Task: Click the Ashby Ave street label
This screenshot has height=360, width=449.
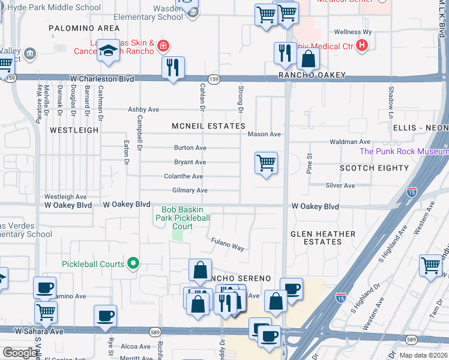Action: click(x=143, y=110)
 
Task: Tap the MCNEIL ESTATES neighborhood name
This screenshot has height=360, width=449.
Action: click(x=208, y=126)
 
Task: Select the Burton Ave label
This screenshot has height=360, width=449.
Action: click(x=190, y=148)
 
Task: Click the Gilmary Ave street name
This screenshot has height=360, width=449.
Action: click(x=190, y=190)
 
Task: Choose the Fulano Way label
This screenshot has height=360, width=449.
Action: click(x=228, y=244)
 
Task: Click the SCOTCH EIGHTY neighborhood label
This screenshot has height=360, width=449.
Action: click(x=374, y=168)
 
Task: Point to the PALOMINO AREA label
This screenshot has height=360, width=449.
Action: click(x=84, y=28)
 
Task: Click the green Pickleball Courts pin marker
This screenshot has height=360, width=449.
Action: click(x=134, y=264)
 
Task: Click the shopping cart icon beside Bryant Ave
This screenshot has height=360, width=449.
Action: click(x=266, y=163)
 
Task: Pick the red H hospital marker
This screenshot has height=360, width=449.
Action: click(x=361, y=46)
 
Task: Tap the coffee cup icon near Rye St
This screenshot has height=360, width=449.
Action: click(x=106, y=316)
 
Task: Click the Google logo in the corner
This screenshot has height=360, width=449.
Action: click(x=20, y=353)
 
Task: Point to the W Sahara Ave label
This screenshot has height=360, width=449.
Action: click(x=40, y=331)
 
